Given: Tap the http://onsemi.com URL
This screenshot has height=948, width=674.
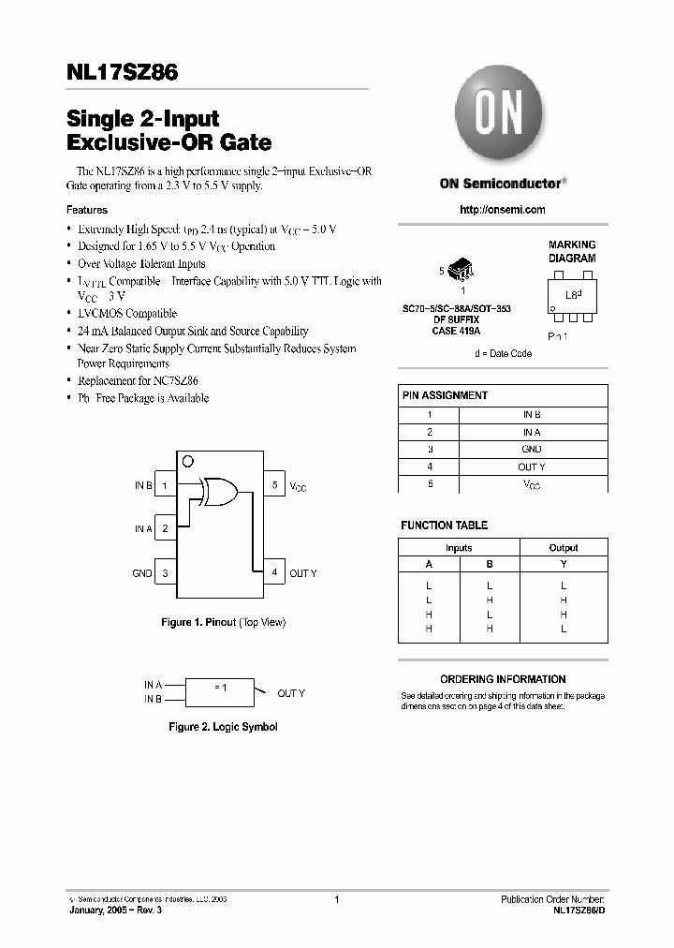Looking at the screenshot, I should tap(503, 210).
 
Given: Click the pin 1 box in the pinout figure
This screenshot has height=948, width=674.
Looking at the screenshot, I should tap(165, 485).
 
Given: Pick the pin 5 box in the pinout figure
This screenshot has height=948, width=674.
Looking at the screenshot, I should tap(274, 485).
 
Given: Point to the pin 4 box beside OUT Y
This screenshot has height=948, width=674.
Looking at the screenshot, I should tap(274, 572).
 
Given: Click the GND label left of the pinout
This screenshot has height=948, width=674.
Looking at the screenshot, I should tap(141, 573).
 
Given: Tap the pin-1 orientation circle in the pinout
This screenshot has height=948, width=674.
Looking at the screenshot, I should tap(187, 460).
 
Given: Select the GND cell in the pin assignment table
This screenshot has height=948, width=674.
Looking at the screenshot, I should tap(532, 450).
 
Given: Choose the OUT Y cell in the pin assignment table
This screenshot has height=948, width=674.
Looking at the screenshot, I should tap(532, 467).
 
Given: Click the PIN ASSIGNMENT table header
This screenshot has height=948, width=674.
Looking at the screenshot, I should tap(445, 395).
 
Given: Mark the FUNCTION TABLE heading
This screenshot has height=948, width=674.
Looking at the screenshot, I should tap(444, 526).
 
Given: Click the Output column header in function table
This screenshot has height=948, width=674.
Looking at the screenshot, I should tap(563, 548).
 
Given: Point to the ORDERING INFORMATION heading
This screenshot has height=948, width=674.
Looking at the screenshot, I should tap(503, 679).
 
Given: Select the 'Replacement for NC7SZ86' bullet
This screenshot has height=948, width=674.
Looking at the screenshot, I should tap(138, 381).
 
